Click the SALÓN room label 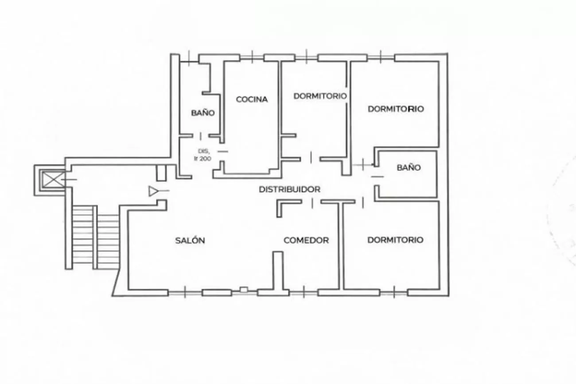[x=190, y=240]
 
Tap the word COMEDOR [x=306, y=240]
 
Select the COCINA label [x=252, y=99]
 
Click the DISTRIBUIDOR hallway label [x=289, y=190]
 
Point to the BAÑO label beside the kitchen [x=203, y=112]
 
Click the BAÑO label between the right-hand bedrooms [x=409, y=167]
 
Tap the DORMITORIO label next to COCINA [x=320, y=96]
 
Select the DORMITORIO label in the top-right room [x=396, y=109]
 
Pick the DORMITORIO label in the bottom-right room [x=396, y=240]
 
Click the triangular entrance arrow [x=153, y=191]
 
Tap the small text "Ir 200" [x=202, y=159]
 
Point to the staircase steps [x=96, y=237]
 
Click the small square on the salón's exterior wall [x=244, y=290]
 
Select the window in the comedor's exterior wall [x=304, y=292]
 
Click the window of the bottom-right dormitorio [x=394, y=292]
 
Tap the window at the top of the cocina [x=252, y=57]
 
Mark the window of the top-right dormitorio [x=381, y=57]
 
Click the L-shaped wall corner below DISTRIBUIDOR [x=280, y=203]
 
